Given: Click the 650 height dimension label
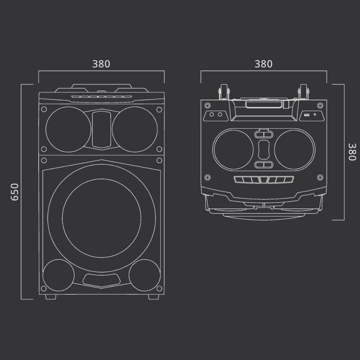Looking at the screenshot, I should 14,191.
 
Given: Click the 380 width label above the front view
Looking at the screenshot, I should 101,64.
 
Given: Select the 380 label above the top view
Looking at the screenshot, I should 263,64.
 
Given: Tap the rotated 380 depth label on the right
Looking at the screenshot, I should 352,151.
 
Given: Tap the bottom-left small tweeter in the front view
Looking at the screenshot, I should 58,276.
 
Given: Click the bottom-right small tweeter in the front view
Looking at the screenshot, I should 144,276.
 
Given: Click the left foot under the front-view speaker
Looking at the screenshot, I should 51,296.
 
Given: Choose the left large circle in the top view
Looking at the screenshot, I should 233,148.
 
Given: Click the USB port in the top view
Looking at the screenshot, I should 306,115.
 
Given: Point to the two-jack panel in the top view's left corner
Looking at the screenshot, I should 215,114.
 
